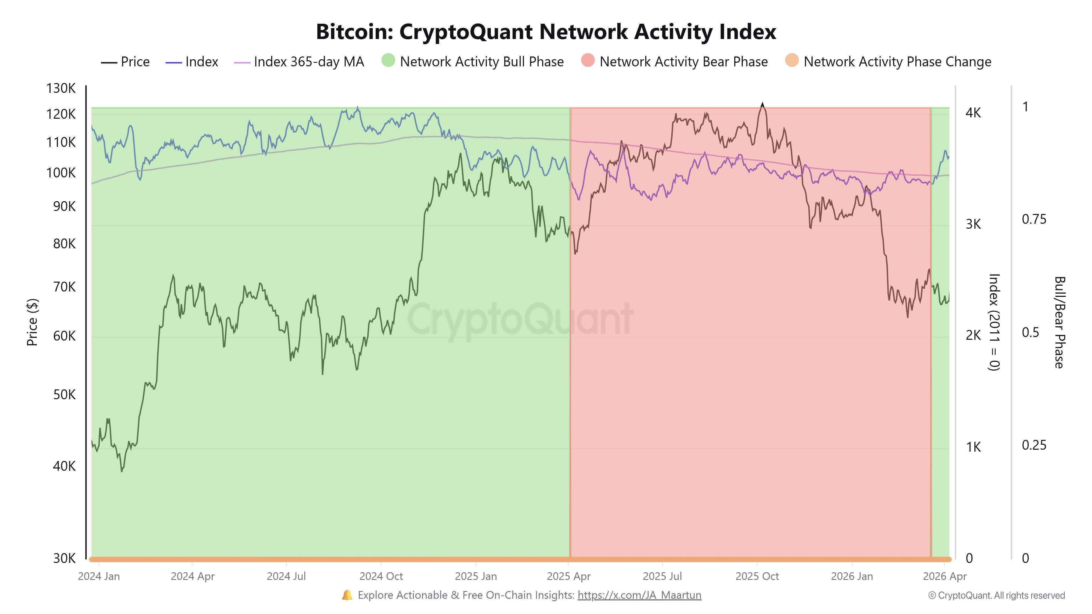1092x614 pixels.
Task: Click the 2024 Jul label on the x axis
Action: pyautogui.click(x=286, y=577)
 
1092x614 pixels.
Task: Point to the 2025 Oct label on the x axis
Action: pyautogui.click(x=757, y=577)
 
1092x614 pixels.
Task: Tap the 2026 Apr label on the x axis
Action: pyautogui.click(x=945, y=577)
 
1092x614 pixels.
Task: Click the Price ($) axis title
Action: pyautogui.click(x=32, y=322)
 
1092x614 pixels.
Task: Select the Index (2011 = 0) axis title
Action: pyautogui.click(x=994, y=322)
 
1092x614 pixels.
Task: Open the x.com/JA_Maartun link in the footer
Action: pyautogui.click(x=639, y=595)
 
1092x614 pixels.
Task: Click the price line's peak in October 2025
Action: pyautogui.click(x=762, y=104)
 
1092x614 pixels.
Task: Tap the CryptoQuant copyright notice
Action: pyautogui.click(x=996, y=596)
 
